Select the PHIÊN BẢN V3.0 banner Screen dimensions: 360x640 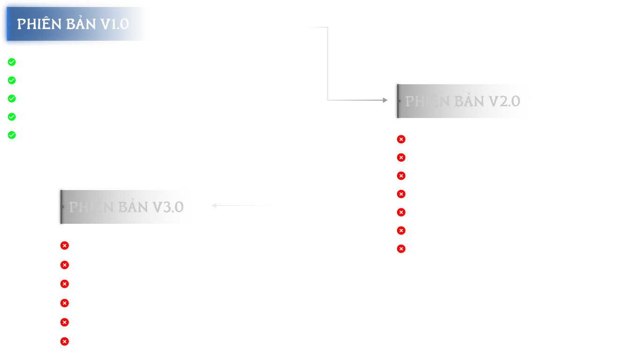point(129,207)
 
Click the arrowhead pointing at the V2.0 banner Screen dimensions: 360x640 point(385,100)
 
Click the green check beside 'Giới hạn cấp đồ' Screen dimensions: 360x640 point(12,62)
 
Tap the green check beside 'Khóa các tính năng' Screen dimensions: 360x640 point(12,117)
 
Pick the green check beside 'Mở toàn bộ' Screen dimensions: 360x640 point(12,135)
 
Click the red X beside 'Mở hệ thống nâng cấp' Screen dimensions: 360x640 point(401,213)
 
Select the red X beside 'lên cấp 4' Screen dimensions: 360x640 point(401,158)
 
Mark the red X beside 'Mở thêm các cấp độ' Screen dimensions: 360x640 point(65,303)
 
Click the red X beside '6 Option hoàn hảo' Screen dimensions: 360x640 point(65,265)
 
